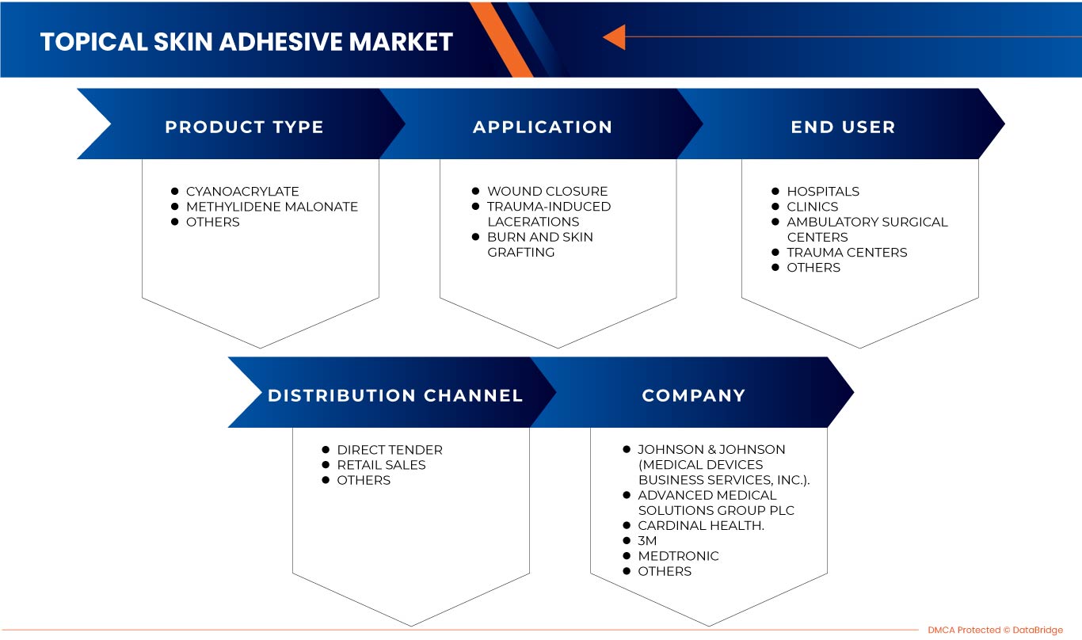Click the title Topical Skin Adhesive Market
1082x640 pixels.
246,41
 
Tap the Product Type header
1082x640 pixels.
244,127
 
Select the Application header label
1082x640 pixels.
543,127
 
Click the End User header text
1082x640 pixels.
843,127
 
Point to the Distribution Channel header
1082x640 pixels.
395,395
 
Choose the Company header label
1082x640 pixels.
693,395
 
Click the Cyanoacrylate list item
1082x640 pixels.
242,192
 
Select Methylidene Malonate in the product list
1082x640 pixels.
272,207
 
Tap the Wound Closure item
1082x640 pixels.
547,192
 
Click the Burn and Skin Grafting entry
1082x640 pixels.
539,245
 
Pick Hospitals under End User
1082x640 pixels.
822,192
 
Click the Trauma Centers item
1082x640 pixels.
847,253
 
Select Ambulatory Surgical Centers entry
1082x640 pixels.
867,230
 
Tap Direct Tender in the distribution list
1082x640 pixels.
390,450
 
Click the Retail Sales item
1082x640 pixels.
381,465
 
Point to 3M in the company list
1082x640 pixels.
647,541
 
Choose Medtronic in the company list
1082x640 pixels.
678,556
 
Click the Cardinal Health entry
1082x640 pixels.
700,526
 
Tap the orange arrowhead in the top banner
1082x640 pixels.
614,37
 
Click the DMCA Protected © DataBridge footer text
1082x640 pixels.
995,630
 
